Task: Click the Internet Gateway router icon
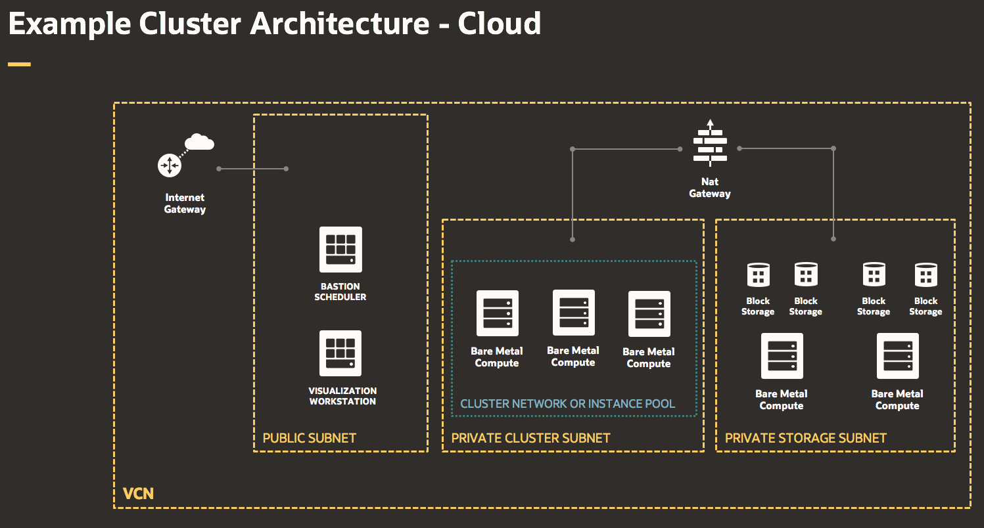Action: coord(169,165)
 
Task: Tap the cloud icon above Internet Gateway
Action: coord(199,142)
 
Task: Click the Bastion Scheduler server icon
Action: coord(340,249)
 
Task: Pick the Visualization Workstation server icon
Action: coord(340,353)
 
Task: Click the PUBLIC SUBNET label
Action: coord(309,438)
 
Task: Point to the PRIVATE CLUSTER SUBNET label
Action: coord(530,438)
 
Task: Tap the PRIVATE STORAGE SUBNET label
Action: coord(805,438)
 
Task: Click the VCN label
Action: coord(138,493)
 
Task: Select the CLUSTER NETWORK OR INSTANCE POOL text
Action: coord(567,404)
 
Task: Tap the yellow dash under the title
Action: coord(19,64)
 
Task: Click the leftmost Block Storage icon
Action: coord(758,275)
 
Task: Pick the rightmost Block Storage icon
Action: coord(925,275)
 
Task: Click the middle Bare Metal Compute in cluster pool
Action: coord(573,313)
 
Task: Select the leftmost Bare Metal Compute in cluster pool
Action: coord(497,313)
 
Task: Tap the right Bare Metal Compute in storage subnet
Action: coord(897,356)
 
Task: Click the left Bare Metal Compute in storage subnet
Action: coord(782,356)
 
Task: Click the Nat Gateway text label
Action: coord(709,188)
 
